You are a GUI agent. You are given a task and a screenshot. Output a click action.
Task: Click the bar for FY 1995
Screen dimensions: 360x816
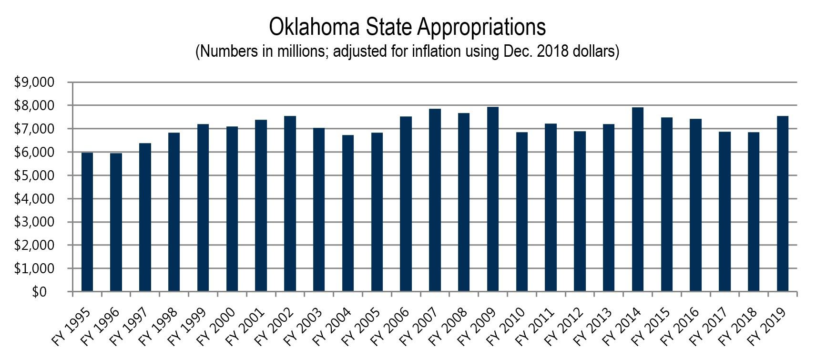(x=87, y=222)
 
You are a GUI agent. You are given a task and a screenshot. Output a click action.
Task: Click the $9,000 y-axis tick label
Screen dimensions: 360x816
(x=35, y=82)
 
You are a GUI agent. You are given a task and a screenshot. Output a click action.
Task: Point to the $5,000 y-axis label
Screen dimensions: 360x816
(x=35, y=175)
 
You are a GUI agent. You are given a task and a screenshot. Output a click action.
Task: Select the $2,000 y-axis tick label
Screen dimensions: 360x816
(x=35, y=246)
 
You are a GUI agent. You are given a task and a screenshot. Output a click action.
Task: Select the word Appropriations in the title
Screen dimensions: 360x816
(x=481, y=28)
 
